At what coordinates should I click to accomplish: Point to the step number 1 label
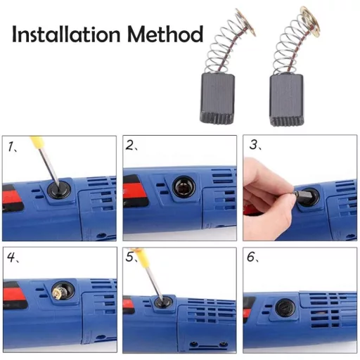[x=13, y=147]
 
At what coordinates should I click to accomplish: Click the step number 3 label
[x=254, y=146]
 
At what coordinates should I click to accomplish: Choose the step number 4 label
[x=13, y=257]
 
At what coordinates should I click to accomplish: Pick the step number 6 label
[x=252, y=257]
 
